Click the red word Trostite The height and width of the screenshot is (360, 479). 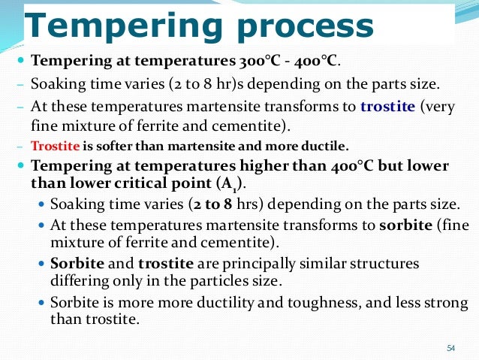[x=53, y=145]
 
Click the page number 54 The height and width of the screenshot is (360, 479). [x=451, y=347]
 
